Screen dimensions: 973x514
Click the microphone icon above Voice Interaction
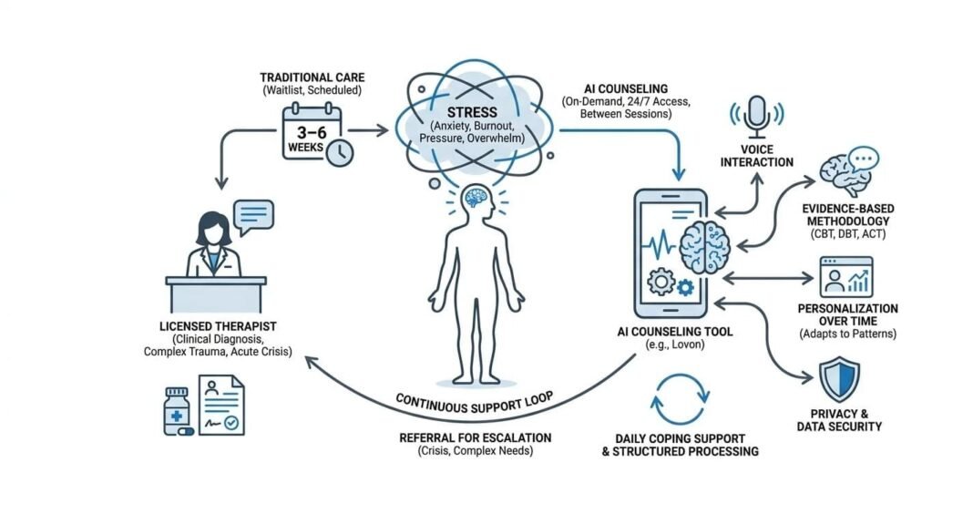pyautogui.click(x=756, y=117)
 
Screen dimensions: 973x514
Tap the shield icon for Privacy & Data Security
pyautogui.click(x=839, y=379)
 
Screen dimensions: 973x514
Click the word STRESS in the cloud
pyautogui.click(x=472, y=112)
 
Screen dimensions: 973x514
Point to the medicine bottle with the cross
pyautogui.click(x=177, y=412)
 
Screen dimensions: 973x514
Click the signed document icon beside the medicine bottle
pyautogui.click(x=221, y=405)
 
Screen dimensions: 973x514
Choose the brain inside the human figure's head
pyautogui.click(x=476, y=198)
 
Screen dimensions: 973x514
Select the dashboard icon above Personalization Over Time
pyautogui.click(x=846, y=277)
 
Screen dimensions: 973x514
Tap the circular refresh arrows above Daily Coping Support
pyautogui.click(x=680, y=399)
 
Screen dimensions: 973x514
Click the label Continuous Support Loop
pyautogui.click(x=474, y=404)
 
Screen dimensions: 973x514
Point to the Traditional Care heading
pyautogui.click(x=312, y=77)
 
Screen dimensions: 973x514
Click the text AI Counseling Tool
pyautogui.click(x=675, y=332)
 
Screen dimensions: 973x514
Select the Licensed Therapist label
pyautogui.click(x=218, y=326)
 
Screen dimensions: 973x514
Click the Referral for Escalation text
pyautogui.click(x=476, y=438)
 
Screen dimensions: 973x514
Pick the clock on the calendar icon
pyautogui.click(x=340, y=153)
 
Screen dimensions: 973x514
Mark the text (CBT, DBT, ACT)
pyautogui.click(x=847, y=234)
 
